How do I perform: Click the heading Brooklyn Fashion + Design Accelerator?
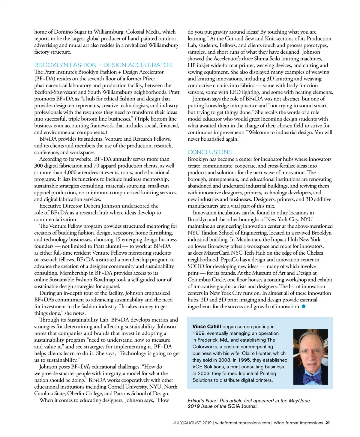103,65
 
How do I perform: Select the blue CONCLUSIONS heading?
210,152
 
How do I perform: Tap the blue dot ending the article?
304,306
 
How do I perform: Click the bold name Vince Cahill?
207,327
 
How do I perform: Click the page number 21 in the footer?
328,423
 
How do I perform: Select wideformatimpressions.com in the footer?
242,423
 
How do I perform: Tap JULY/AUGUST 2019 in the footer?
192,423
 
